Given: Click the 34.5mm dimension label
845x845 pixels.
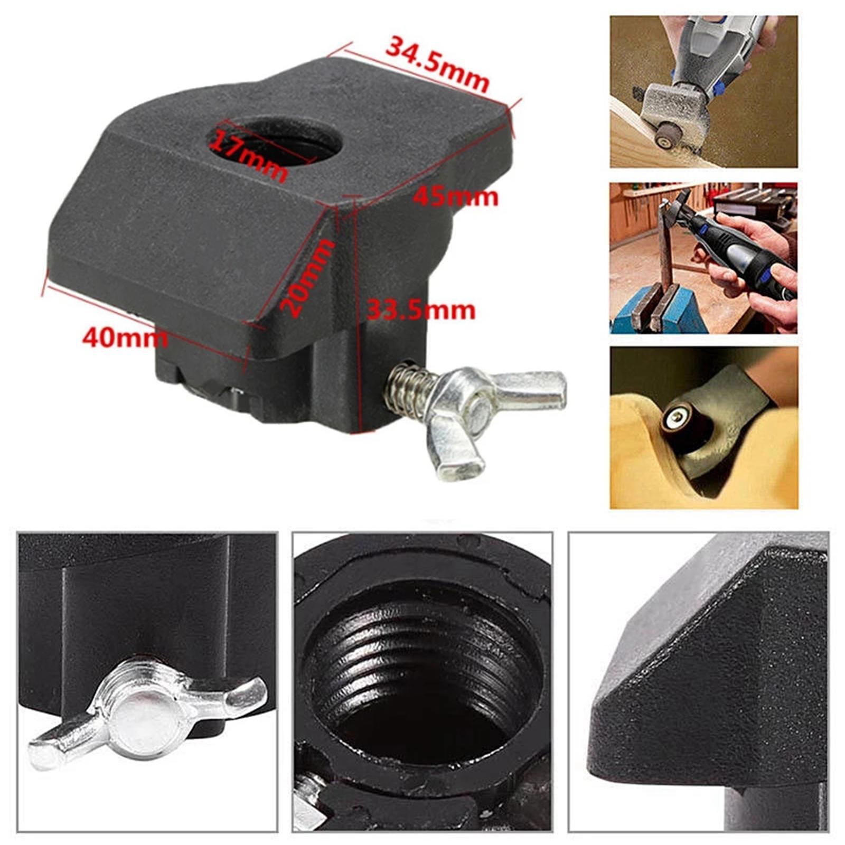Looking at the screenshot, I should pos(437,63).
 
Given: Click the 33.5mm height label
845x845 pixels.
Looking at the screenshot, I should pos(421,311).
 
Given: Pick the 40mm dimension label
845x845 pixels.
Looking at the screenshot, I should pos(125,336).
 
